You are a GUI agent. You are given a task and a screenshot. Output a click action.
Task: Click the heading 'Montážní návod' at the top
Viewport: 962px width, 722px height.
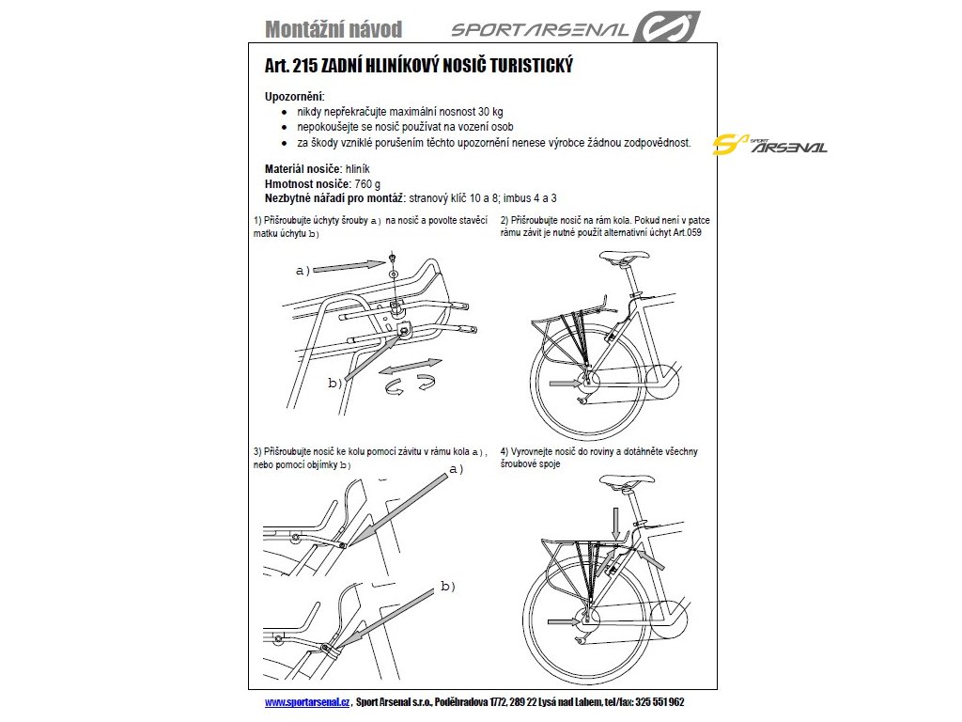(334, 29)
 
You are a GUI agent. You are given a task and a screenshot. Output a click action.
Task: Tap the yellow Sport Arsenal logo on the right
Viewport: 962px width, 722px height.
(769, 146)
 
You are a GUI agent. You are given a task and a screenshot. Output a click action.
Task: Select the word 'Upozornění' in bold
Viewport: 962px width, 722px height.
(295, 97)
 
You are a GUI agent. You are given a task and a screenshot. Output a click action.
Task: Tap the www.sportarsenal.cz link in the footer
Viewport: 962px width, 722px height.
(306, 702)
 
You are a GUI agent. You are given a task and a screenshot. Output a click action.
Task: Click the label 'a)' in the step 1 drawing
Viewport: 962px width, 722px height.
(303, 271)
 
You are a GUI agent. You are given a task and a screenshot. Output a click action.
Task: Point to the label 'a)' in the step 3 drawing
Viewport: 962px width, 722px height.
(458, 468)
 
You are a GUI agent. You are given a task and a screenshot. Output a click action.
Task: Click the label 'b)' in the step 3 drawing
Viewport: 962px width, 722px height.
(447, 586)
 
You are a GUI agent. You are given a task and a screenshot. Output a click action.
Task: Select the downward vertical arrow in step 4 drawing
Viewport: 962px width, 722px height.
(614, 520)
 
